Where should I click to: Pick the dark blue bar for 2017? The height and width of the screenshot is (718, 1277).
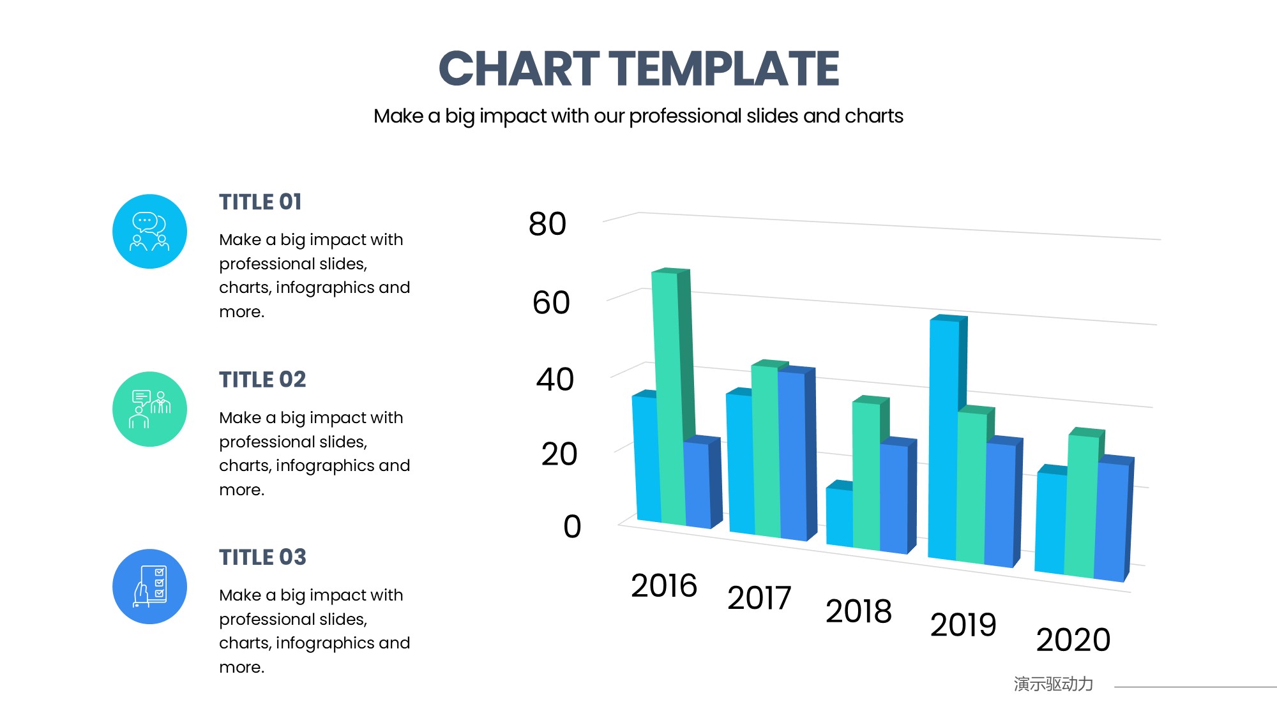(792, 453)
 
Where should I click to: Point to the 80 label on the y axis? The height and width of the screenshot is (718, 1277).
(547, 224)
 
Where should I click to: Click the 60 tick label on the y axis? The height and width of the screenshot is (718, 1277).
(551, 303)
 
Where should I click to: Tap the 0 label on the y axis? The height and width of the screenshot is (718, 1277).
(572, 527)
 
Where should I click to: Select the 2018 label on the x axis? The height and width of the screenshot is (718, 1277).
(858, 611)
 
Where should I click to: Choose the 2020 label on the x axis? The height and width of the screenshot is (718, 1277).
(1073, 639)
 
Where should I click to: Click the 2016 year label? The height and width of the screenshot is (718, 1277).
(664, 586)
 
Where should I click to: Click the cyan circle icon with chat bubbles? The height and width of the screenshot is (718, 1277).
(149, 232)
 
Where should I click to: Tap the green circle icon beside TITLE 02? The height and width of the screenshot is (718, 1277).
(149, 409)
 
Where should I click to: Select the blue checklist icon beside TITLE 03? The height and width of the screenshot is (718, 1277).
(149, 587)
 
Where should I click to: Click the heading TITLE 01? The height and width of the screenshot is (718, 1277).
(261, 202)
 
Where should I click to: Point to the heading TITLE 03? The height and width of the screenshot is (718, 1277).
(262, 557)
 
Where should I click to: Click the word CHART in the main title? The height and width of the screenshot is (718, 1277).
(518, 69)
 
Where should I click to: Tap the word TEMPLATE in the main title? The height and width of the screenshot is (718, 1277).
(723, 69)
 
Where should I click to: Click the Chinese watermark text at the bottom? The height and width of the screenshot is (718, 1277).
(1053, 684)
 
